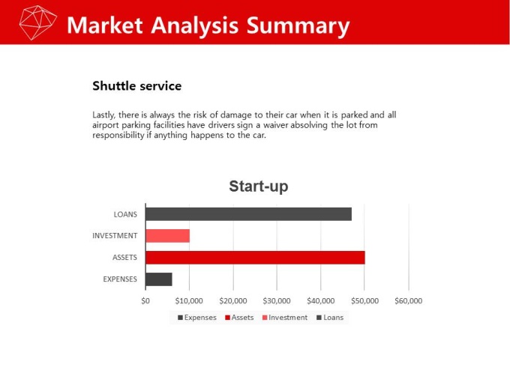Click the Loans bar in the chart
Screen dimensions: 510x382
pos(248,214)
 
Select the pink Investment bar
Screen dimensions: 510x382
pos(167,236)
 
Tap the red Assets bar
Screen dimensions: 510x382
pos(255,258)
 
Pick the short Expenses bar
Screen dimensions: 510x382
pos(159,279)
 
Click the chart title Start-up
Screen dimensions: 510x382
pos(259,187)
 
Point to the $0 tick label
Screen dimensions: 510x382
pos(145,301)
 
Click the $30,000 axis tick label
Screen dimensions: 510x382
pos(277,301)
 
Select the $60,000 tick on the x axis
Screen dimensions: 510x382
pos(409,301)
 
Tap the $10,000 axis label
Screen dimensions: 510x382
pos(189,301)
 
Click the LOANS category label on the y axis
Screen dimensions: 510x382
pos(125,215)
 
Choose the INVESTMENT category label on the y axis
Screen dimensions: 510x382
pos(115,236)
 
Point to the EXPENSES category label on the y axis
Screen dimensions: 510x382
pos(120,279)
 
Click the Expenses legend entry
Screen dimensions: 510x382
pos(197,318)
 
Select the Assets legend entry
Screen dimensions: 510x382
pos(239,318)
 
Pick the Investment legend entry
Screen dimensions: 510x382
pos(285,318)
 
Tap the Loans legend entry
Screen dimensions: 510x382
pos(330,318)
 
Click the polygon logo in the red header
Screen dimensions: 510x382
pos(38,22)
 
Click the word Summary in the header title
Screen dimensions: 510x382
pos(298,26)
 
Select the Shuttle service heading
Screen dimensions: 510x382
pos(137,86)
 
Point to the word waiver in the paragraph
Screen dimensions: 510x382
pos(276,125)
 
